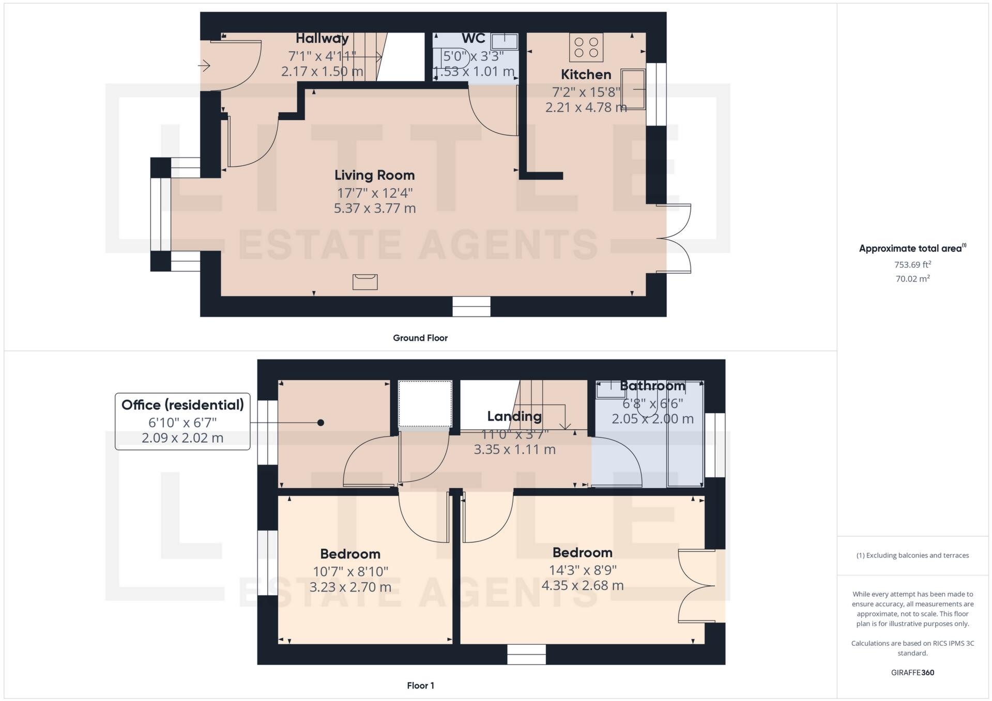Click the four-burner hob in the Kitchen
[586, 47]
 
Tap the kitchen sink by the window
[633, 89]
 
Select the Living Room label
[374, 175]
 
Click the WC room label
[474, 38]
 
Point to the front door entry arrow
[205, 66]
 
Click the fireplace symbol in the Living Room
[365, 282]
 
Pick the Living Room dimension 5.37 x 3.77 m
[375, 208]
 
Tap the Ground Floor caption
[420, 338]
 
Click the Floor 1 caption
[420, 686]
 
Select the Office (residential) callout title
[182, 404]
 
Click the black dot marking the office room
[321, 423]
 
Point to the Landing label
[514, 416]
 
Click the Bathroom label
[652, 385]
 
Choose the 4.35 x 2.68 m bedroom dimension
[583, 585]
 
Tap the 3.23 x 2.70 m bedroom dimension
[350, 587]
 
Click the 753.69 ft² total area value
[913, 264]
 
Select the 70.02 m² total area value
[913, 279]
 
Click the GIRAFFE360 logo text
[913, 673]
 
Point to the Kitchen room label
[586, 74]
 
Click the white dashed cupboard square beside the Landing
[425, 403]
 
